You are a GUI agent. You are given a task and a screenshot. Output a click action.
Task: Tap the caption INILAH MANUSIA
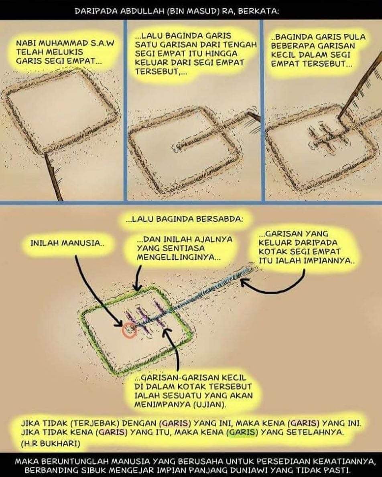[67, 243]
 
